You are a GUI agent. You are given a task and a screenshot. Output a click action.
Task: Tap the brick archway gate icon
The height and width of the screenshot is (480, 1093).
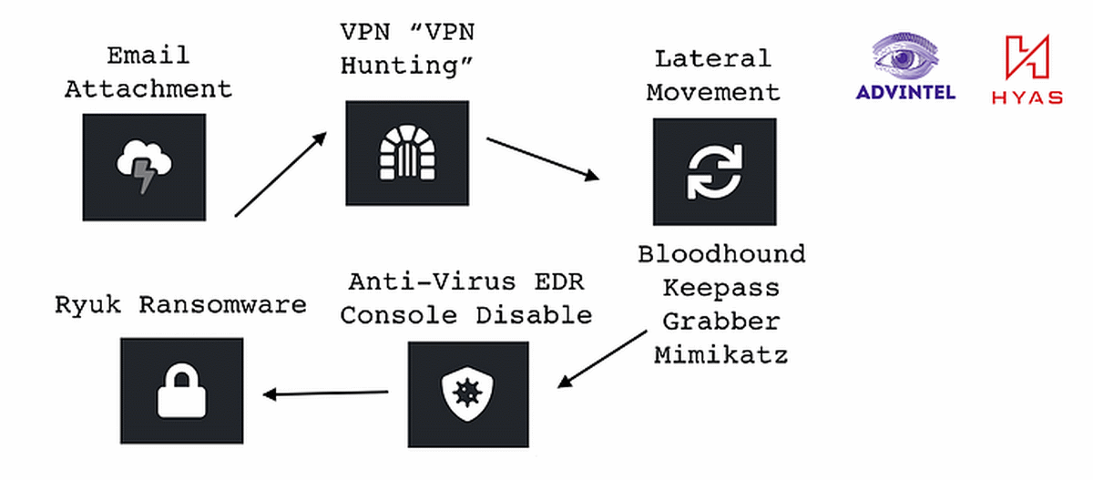tap(407, 153)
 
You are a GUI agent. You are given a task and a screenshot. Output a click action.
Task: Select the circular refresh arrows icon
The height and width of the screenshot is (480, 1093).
tap(715, 172)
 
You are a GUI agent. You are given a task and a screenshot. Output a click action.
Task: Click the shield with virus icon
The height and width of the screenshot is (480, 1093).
tap(467, 393)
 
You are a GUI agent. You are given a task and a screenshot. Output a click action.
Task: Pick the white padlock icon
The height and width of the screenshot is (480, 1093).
tap(181, 390)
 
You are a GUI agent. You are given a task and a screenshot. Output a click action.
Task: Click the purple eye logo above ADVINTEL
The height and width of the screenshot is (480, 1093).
tap(905, 56)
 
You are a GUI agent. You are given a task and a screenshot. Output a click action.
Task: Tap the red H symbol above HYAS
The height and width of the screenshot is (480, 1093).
tap(1027, 56)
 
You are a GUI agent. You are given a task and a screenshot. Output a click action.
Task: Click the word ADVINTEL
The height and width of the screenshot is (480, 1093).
tap(905, 92)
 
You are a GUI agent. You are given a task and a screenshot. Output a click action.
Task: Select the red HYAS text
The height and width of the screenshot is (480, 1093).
tap(1027, 97)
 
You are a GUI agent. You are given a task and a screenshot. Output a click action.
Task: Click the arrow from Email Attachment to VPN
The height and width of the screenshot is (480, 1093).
tap(281, 174)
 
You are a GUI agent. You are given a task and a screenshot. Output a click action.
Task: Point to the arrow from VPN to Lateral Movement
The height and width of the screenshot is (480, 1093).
tap(543, 159)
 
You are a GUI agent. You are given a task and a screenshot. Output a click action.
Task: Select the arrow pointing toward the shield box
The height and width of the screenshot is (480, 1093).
tap(602, 359)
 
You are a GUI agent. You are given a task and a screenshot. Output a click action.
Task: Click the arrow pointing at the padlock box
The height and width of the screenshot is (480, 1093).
tap(325, 393)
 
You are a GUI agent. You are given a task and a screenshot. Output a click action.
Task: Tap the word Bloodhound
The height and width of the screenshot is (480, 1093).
tap(721, 254)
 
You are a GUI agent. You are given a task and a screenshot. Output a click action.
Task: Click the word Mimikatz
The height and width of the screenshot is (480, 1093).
tap(721, 355)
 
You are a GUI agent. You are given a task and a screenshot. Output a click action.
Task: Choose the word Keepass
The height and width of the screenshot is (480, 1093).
tap(721, 288)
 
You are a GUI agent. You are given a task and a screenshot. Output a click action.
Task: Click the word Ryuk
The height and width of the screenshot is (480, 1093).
tap(87, 306)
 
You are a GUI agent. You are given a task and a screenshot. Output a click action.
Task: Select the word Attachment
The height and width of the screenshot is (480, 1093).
tap(148, 89)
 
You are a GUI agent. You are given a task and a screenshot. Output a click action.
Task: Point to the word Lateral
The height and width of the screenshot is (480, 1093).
tap(713, 59)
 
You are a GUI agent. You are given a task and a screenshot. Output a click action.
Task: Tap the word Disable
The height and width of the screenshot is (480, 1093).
tap(534, 315)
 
